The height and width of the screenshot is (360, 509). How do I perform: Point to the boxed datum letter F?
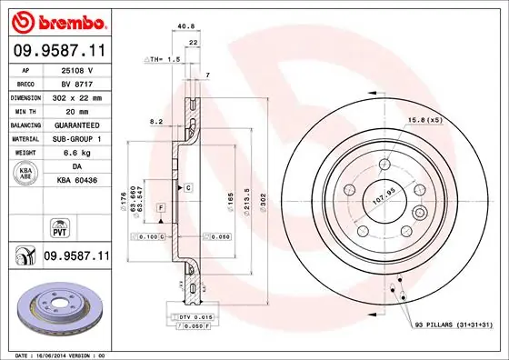160,208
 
